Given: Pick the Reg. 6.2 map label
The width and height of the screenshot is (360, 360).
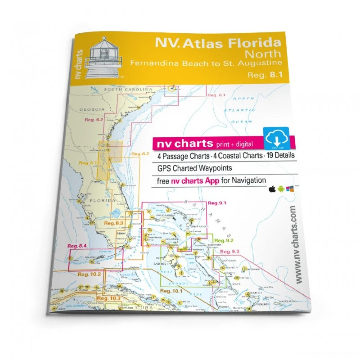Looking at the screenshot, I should [x=94, y=120].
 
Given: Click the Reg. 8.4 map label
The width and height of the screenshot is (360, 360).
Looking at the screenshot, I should [x=76, y=246].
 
